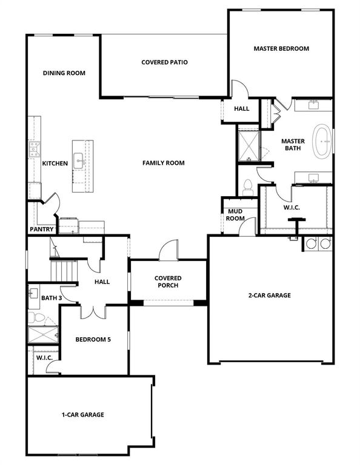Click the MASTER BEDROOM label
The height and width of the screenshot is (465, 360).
tap(281, 48)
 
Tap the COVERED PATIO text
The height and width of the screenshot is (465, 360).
tap(164, 62)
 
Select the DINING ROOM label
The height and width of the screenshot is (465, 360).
tap(64, 73)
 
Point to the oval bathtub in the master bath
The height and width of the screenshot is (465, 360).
tap(322, 141)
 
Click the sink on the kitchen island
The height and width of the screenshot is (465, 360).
tap(79, 161)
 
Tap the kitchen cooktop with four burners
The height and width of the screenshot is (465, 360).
tap(34, 149)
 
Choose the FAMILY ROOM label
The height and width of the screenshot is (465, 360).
tap(164, 163)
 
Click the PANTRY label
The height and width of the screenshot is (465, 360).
tap(42, 229)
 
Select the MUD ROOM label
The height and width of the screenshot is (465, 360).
tap(235, 214)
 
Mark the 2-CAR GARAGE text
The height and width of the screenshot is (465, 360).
tap(269, 295)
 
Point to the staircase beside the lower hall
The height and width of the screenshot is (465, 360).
tap(64, 270)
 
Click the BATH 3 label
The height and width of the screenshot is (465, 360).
tap(52, 297)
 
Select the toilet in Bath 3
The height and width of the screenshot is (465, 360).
tap(38, 317)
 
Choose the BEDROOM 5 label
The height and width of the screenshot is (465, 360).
tap(93, 340)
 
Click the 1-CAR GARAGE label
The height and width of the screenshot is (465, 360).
tap(82, 415)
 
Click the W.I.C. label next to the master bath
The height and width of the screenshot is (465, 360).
tap(292, 207)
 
